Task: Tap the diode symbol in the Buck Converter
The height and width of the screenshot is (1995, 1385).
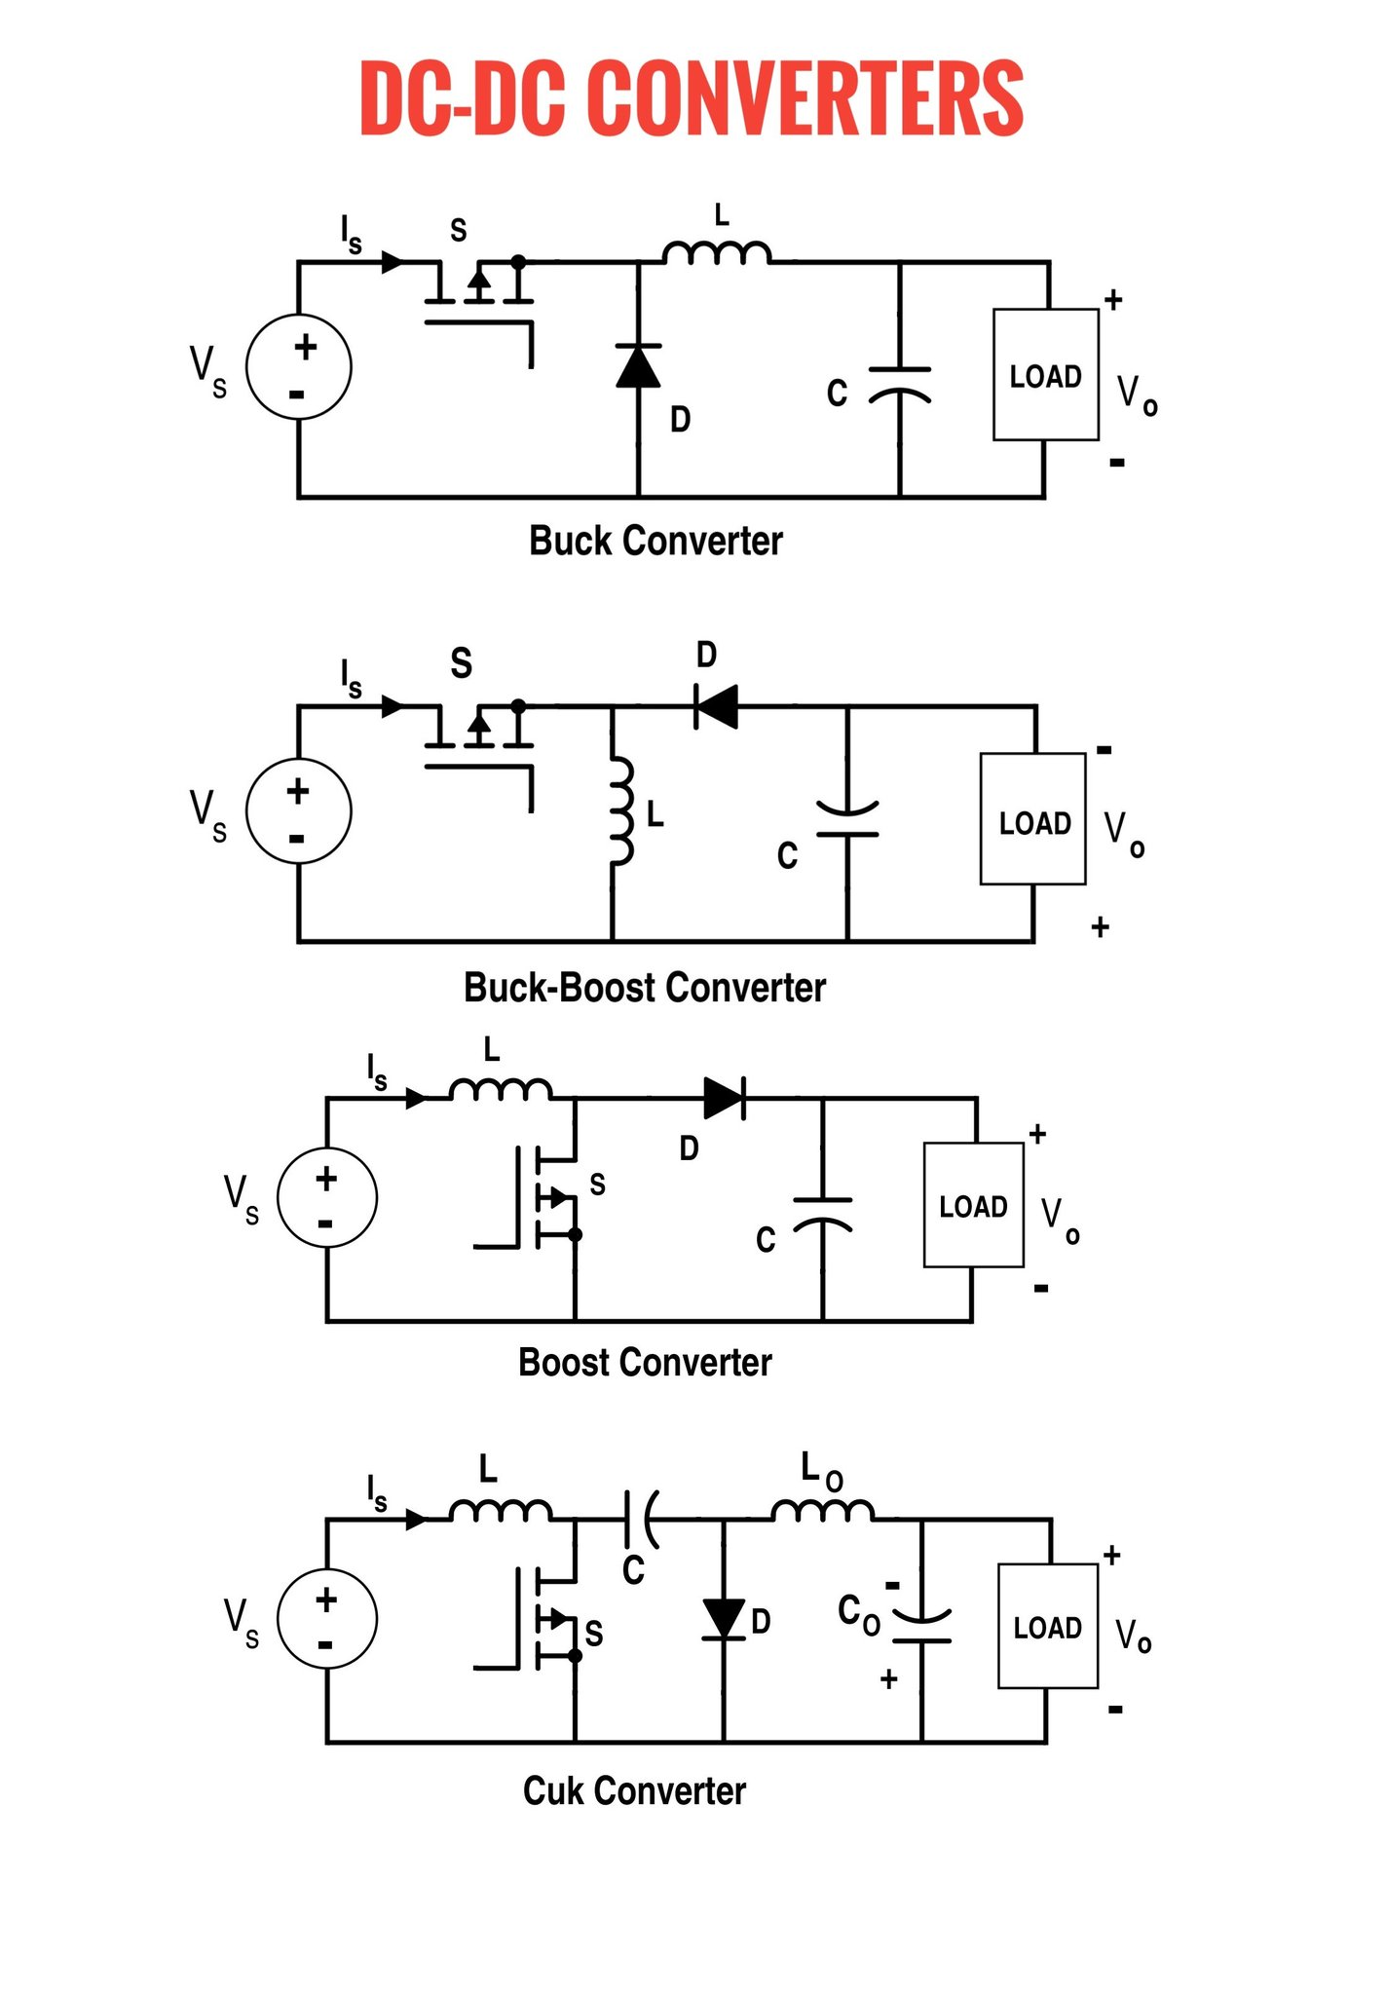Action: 639,365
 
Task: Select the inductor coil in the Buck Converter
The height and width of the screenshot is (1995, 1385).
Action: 718,251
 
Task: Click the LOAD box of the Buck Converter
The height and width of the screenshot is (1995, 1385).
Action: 1046,375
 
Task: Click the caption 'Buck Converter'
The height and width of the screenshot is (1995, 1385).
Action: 655,541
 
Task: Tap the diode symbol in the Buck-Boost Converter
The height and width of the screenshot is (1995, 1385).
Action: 716,706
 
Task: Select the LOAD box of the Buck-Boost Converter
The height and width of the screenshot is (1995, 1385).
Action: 1033,819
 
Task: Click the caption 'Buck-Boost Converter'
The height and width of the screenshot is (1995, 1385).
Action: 645,988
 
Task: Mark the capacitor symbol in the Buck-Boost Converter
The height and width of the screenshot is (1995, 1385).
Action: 847,819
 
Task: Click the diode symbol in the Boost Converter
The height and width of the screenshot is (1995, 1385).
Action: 725,1099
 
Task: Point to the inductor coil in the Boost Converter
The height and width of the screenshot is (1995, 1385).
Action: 501,1088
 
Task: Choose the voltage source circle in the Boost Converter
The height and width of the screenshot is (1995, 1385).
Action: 327,1197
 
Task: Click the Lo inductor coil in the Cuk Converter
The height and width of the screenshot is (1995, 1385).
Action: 823,1509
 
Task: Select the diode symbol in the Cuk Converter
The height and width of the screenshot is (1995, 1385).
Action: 724,1619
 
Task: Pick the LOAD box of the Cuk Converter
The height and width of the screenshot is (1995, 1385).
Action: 1048,1626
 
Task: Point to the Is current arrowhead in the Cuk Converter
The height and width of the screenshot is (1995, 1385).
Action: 416,1519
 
